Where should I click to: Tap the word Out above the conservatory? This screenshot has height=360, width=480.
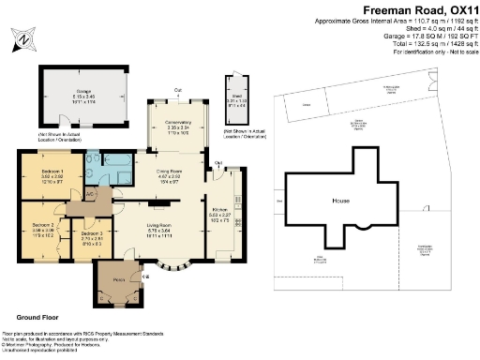point(178,90)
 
